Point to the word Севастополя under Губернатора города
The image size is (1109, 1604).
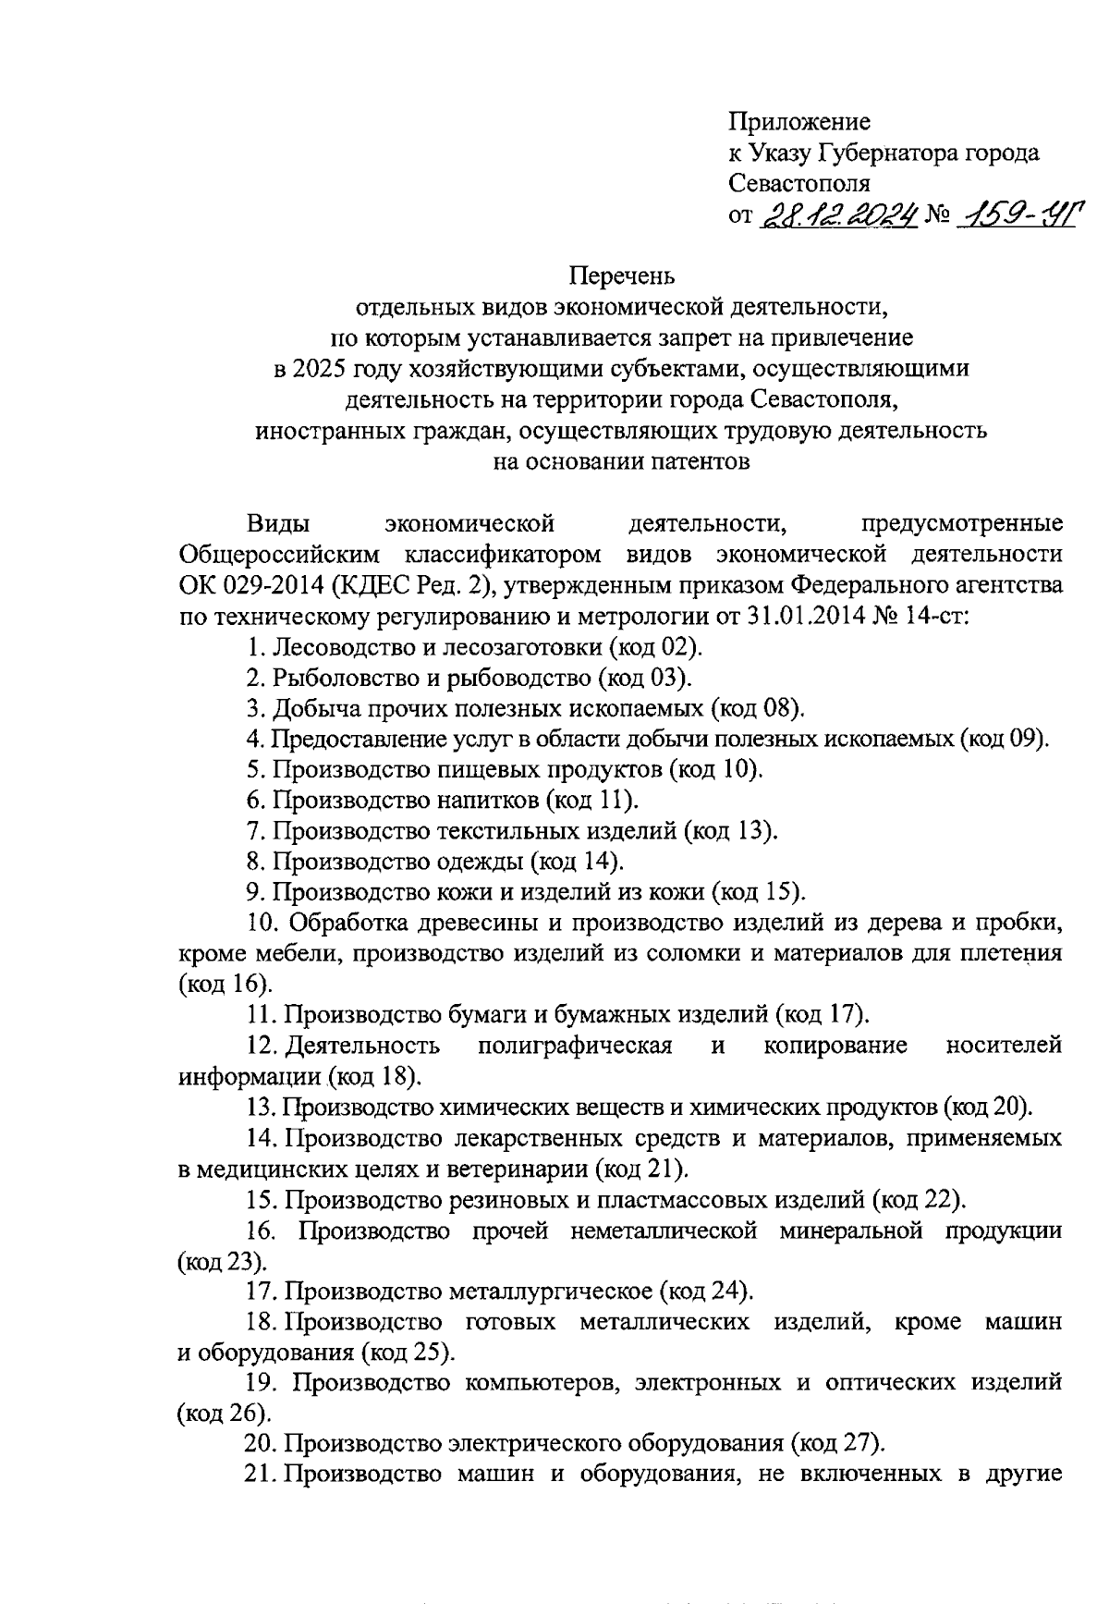(798, 183)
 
